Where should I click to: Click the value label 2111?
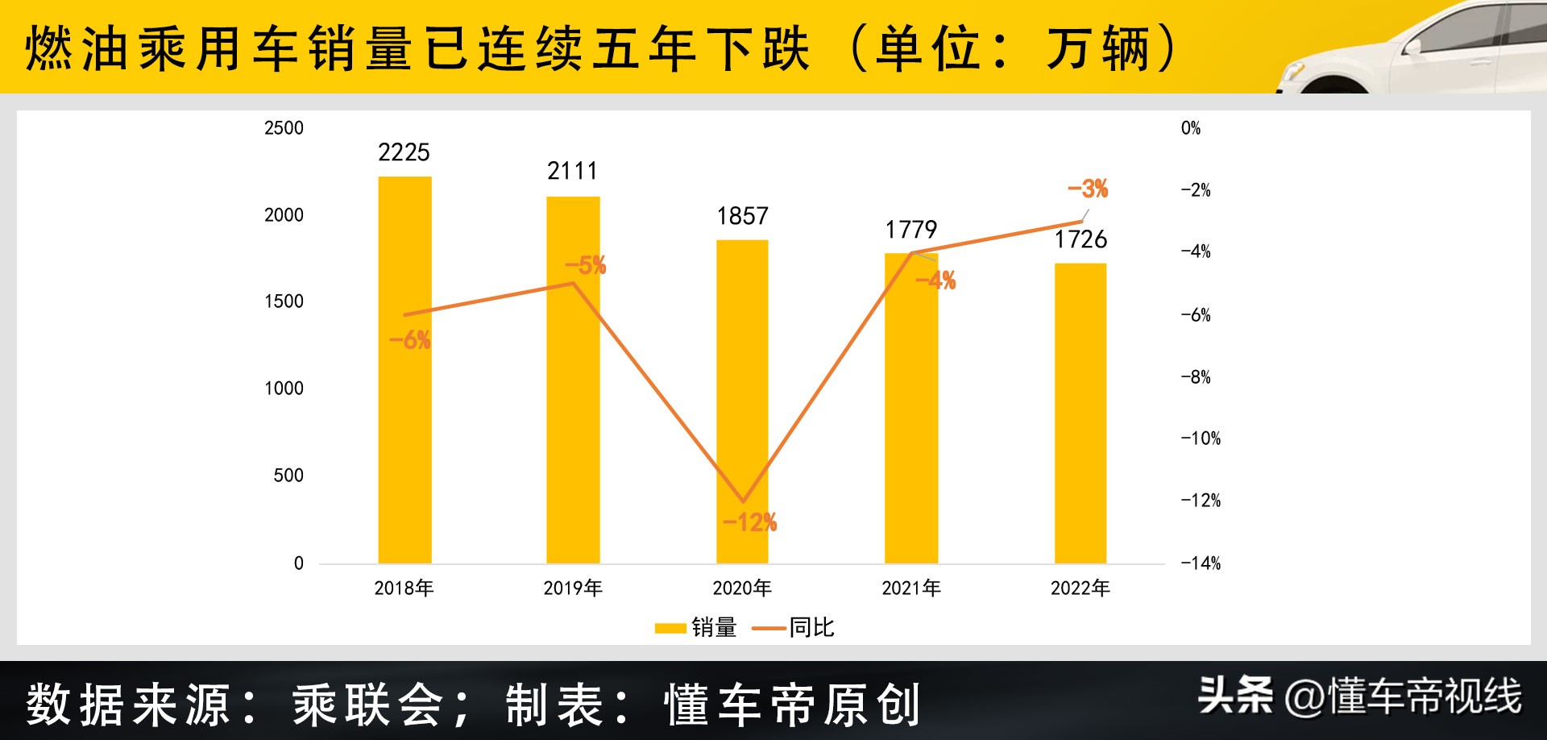tap(572, 171)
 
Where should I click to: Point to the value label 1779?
tap(910, 230)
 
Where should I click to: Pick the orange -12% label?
tap(749, 522)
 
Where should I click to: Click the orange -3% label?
tap(1088, 189)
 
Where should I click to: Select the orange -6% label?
tap(409, 340)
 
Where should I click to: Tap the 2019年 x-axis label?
tap(573, 588)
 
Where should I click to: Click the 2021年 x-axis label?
tap(911, 588)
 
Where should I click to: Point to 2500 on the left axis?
tap(284, 128)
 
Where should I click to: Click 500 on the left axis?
tap(288, 476)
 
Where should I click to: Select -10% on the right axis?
tap(1201, 439)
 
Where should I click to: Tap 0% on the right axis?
tap(1190, 128)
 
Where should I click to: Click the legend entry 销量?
tap(697, 627)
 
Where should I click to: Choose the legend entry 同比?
tap(794, 627)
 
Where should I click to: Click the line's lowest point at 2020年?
tap(743, 502)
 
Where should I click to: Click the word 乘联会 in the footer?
tap(367, 705)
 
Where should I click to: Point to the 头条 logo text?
tap(1234, 696)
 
